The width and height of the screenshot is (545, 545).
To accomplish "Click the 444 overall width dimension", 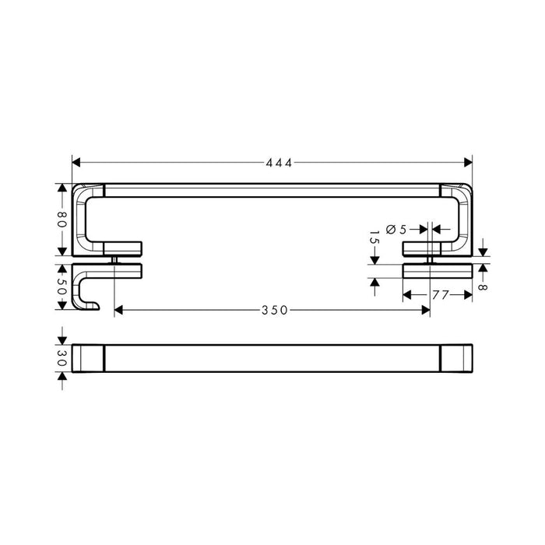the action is (279, 163).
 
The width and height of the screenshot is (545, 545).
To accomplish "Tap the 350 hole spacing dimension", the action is (275, 310).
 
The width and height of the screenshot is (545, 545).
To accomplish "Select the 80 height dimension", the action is (62, 220).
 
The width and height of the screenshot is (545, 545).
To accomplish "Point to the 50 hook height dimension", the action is (62, 287).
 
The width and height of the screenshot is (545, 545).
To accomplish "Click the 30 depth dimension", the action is (62, 358).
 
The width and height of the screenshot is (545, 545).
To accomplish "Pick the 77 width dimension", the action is (441, 295).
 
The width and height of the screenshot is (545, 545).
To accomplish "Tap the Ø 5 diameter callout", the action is (396, 230).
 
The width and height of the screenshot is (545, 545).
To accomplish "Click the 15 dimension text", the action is (374, 237).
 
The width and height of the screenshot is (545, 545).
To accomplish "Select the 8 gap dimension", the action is (483, 287).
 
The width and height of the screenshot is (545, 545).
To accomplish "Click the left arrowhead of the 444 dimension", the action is (76, 162).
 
